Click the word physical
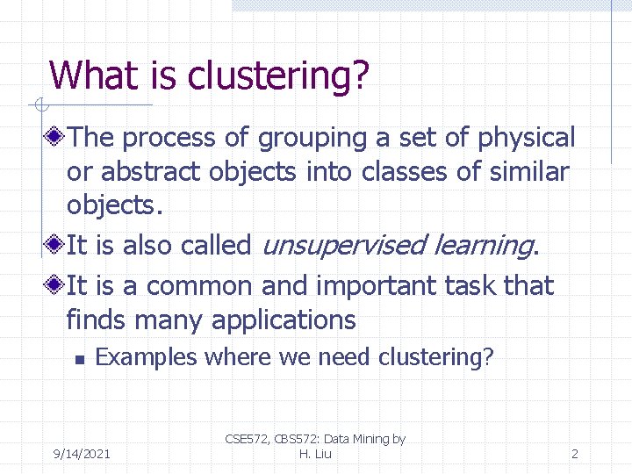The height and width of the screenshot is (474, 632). [x=526, y=138]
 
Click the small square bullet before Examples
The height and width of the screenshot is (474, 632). [x=79, y=358]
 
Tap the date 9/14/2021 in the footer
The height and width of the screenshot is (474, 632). [x=82, y=454]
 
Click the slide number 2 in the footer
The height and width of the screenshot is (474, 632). [x=574, y=454]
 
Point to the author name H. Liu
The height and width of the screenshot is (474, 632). [x=315, y=454]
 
